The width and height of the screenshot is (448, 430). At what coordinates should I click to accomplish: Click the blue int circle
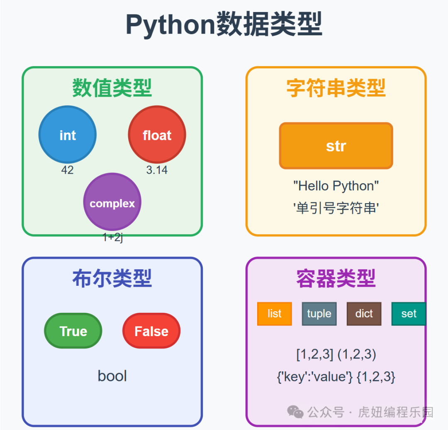[67, 135]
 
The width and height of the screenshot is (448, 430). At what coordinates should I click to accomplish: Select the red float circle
[157, 135]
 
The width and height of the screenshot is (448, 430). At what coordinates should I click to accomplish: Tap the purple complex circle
[112, 202]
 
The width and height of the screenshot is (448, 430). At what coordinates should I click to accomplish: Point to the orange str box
[336, 146]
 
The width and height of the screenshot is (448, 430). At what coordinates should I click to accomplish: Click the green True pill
[73, 331]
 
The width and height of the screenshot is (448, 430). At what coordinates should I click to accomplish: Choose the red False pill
[151, 331]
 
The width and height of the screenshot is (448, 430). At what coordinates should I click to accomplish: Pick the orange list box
[274, 314]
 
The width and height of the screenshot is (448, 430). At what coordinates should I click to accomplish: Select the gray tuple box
[319, 314]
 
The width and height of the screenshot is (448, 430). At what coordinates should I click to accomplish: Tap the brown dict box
[364, 314]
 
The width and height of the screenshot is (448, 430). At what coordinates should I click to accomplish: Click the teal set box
[409, 314]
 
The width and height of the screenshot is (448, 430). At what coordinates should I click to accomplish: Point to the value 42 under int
[67, 170]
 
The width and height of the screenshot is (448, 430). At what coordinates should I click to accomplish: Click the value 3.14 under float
[157, 170]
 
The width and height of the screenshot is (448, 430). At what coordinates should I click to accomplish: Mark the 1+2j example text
[112, 238]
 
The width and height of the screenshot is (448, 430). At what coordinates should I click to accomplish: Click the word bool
[112, 376]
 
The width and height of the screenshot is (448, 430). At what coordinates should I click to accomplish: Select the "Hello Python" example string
[336, 186]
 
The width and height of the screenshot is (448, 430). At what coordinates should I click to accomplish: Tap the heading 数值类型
[112, 88]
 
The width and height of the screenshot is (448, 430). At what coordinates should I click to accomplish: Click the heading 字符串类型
[336, 88]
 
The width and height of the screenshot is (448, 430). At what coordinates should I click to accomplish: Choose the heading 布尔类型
[112, 278]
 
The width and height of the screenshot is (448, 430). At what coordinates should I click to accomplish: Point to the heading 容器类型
[336, 278]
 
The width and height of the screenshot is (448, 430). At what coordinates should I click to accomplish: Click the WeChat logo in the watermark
[296, 412]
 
